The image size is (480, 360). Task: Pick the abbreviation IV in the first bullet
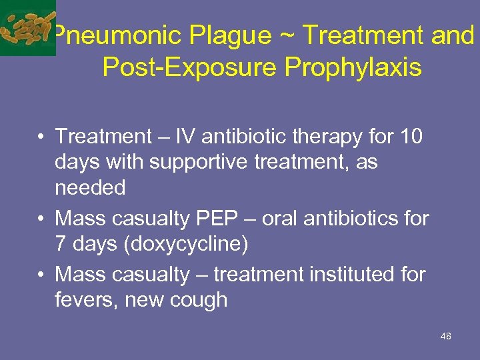point(182,137)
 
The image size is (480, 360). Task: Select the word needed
point(90,188)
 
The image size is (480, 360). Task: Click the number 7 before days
point(61,244)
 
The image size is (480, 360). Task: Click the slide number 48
point(446,336)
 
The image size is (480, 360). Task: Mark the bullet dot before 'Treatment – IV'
point(41,137)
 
